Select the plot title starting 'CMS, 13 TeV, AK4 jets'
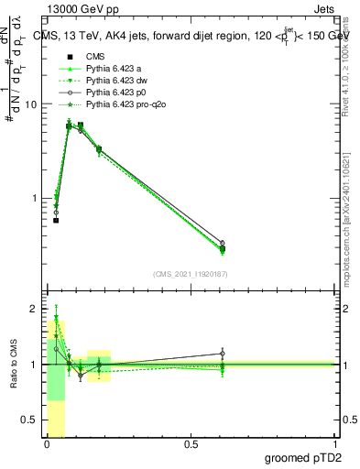coord(193,34)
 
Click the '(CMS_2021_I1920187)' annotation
coord(190,273)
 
